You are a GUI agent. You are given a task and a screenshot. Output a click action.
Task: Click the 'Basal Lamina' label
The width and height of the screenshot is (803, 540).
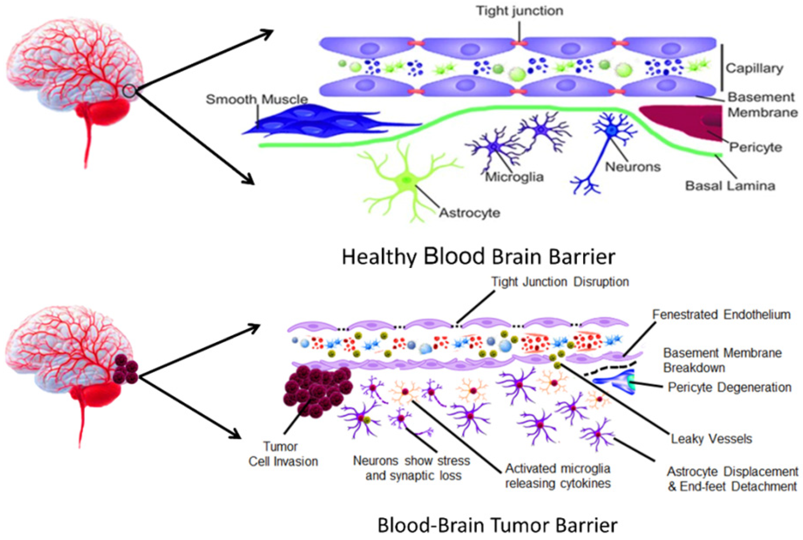pyautogui.click(x=730, y=186)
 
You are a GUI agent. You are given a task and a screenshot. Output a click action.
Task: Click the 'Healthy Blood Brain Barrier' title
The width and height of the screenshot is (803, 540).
pyautogui.click(x=478, y=257)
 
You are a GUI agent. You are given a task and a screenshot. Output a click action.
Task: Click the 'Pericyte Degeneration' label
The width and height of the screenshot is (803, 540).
pyautogui.click(x=729, y=387)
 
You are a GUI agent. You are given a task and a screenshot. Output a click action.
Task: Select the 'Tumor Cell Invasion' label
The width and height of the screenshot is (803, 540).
pyautogui.click(x=283, y=454)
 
